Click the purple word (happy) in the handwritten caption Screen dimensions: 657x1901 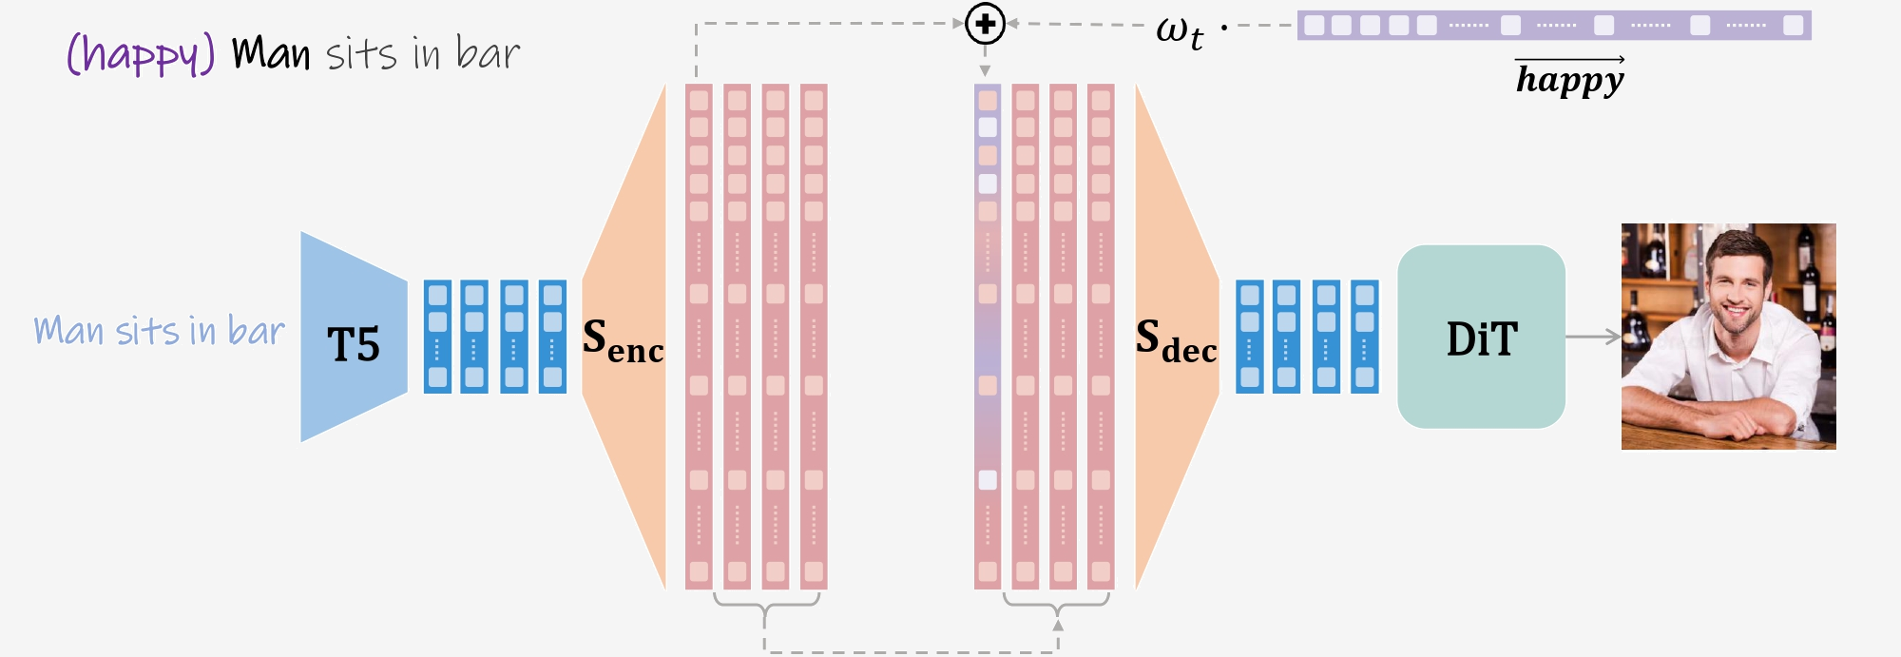[141, 54]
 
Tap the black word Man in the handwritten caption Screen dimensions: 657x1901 [271, 53]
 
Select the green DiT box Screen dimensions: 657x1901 [1481, 338]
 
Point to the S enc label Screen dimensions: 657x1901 [623, 340]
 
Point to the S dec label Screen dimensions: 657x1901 [1176, 340]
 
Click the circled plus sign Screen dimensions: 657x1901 [985, 24]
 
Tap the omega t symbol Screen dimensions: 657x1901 [1179, 31]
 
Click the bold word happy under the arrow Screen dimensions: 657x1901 [1569, 80]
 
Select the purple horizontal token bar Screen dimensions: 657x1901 [1554, 26]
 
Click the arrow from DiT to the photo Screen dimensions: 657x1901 [1593, 337]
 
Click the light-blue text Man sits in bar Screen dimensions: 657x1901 [159, 331]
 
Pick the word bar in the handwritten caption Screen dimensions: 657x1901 [488, 53]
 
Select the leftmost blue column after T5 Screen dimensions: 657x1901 [437, 337]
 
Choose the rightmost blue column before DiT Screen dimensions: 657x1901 [1364, 337]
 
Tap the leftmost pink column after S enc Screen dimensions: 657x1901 [699, 337]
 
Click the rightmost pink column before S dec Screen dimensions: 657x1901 [1101, 337]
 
